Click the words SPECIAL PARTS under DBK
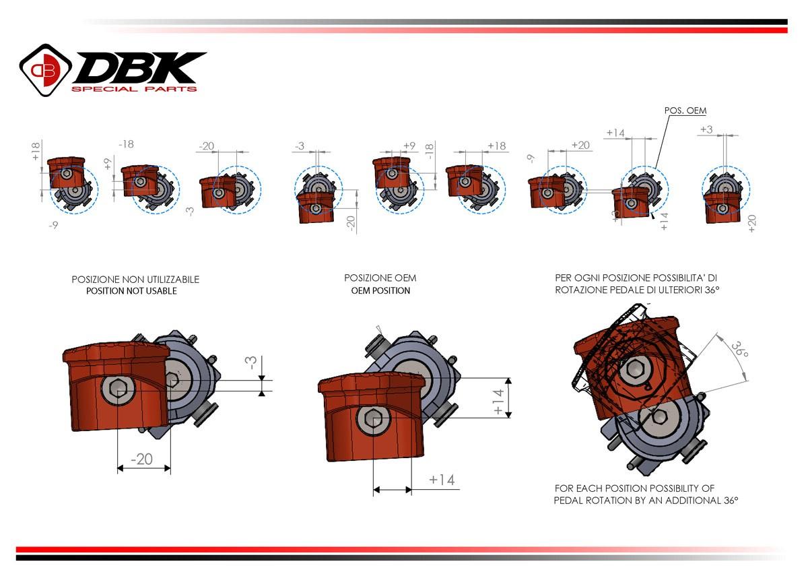point(134,89)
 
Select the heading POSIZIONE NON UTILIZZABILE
point(135,279)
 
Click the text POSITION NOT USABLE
point(131,291)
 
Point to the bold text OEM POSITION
point(380,291)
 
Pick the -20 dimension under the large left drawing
point(141,459)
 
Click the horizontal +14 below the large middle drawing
point(442,480)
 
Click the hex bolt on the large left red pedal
point(119,389)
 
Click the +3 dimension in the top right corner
point(706,129)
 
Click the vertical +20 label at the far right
point(751,224)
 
